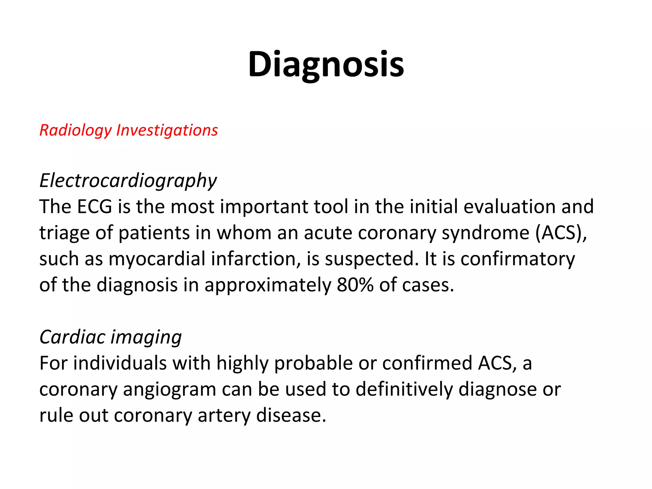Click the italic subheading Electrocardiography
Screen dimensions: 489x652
[128, 181]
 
